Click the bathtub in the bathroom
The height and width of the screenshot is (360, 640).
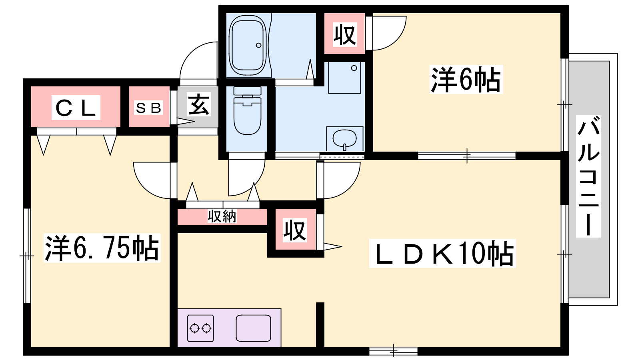click(x=248, y=45)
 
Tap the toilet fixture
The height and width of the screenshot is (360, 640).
click(x=247, y=112)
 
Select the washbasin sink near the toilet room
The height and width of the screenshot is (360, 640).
click(x=344, y=139)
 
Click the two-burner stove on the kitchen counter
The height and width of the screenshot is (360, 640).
click(x=200, y=328)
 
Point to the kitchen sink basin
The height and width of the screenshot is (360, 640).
click(x=253, y=328)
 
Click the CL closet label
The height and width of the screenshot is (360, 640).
click(x=76, y=108)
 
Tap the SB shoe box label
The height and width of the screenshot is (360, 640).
click(x=149, y=108)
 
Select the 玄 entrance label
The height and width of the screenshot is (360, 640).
click(x=199, y=105)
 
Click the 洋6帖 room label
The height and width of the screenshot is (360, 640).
click(x=466, y=80)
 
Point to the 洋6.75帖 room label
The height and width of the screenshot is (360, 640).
click(x=102, y=248)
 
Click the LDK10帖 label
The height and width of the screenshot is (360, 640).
click(x=442, y=254)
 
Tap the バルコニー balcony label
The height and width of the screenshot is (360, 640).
click(x=588, y=176)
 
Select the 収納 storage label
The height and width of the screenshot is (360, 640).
click(x=222, y=216)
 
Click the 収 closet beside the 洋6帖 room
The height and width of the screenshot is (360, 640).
click(x=344, y=34)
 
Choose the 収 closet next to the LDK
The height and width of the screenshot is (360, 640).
click(x=295, y=230)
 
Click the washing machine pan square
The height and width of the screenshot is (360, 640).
click(x=344, y=78)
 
